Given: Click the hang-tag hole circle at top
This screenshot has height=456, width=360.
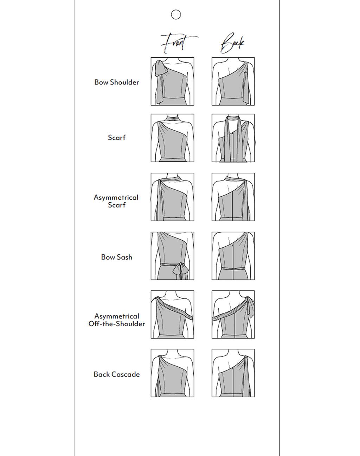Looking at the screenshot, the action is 176,15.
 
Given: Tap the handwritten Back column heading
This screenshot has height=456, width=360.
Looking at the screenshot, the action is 232,43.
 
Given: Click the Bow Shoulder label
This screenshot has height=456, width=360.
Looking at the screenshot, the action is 117,82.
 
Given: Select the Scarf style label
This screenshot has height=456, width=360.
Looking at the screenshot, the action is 117,138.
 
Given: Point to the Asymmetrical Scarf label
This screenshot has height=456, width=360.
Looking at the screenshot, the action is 116,201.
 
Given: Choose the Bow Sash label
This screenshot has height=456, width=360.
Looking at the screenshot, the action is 117,257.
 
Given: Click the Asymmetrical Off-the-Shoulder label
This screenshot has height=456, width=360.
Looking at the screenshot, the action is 117,320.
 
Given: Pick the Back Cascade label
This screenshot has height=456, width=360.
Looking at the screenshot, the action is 117,374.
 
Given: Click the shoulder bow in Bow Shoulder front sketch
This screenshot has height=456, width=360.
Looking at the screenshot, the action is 160,68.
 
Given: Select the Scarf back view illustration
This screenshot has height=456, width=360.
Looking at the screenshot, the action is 233,138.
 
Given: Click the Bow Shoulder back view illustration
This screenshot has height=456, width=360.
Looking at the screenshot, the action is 233,81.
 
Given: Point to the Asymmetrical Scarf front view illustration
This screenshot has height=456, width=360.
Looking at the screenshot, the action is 172,197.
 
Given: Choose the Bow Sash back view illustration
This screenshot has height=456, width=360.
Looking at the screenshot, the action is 233,256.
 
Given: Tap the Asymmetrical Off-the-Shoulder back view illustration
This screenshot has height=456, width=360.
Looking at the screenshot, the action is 233,315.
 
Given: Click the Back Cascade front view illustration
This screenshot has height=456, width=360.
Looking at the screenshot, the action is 172,373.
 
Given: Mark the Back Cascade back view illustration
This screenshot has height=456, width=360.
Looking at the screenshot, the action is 233,373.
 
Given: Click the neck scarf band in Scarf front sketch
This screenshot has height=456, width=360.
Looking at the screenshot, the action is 173,118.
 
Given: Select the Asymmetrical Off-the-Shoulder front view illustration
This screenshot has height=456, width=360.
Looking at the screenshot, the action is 172,315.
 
